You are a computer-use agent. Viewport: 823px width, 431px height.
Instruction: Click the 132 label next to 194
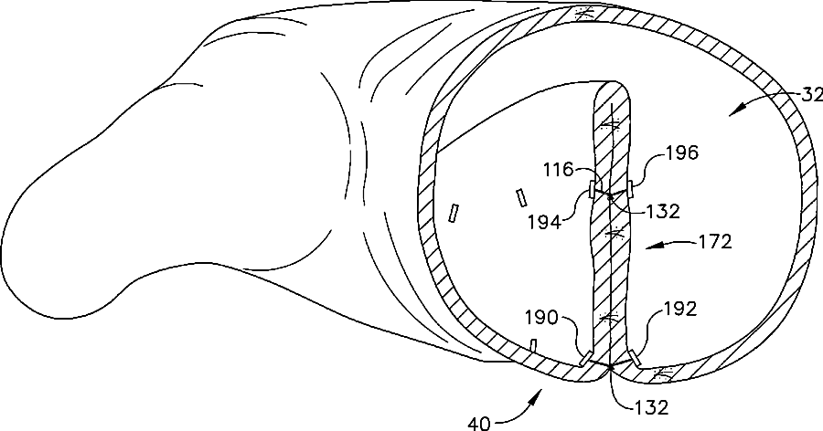[x=661, y=212]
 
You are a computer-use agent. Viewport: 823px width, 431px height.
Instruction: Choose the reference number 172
[x=712, y=244]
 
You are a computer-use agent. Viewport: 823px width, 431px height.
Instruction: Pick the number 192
[x=679, y=310]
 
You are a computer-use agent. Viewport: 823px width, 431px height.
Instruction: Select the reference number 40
[x=478, y=423]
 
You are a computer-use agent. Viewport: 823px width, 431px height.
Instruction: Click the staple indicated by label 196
[x=630, y=188]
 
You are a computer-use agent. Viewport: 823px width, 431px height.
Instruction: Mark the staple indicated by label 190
[x=586, y=359]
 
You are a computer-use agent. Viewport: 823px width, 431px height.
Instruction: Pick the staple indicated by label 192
[x=634, y=357]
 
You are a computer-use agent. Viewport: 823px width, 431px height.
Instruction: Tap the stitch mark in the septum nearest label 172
[x=617, y=235]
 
